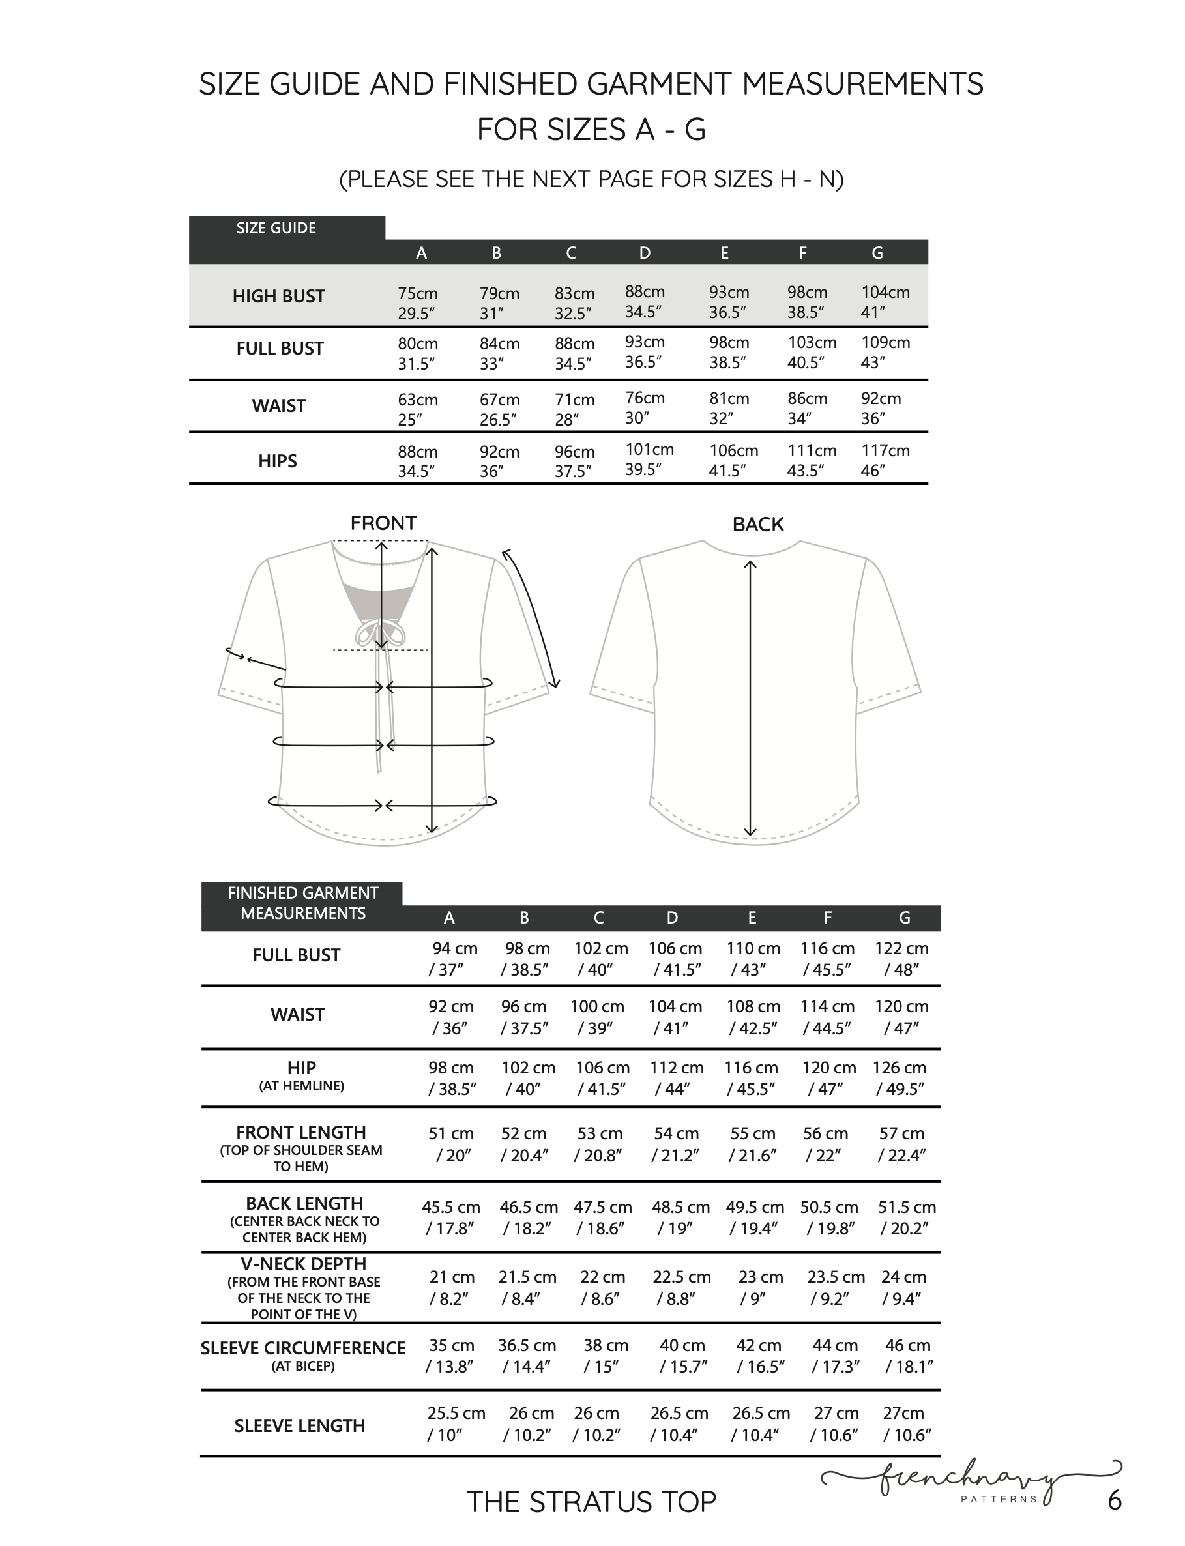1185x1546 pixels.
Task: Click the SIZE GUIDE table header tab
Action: coord(276,228)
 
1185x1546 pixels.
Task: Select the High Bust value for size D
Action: coord(645,301)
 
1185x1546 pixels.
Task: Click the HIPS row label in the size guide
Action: coord(277,461)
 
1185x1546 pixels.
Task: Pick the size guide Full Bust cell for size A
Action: coord(418,353)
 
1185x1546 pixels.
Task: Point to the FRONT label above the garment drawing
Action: coord(383,523)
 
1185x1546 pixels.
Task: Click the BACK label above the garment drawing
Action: coord(757,524)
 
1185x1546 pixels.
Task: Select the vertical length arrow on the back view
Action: coord(750,698)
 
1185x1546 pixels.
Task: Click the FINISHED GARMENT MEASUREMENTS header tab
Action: coord(302,903)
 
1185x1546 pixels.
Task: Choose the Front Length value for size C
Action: coord(600,1144)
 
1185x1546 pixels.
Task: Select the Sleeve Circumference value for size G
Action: coord(908,1356)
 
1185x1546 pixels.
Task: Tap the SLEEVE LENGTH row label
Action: coord(300,1425)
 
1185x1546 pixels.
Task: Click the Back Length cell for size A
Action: coord(450,1218)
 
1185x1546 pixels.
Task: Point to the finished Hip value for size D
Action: coord(676,1077)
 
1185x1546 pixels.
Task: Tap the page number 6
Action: coord(1115,1500)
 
